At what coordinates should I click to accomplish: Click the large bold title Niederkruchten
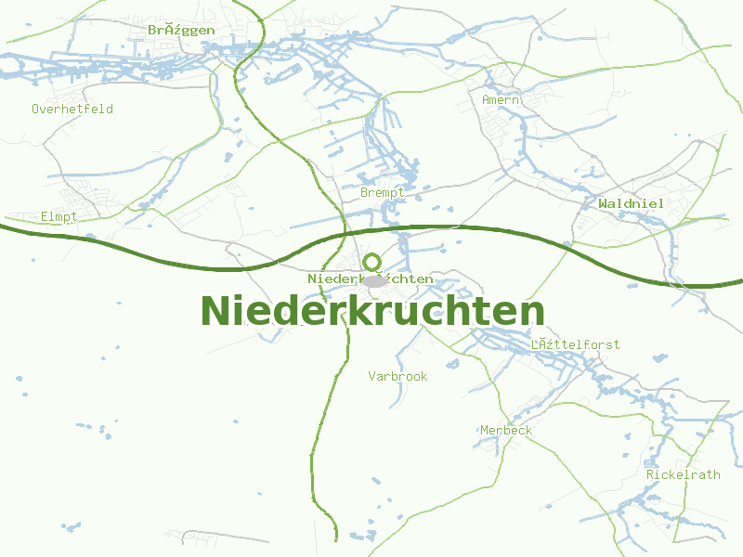pyautogui.click(x=371, y=312)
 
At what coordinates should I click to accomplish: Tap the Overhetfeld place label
pyautogui.click(x=72, y=109)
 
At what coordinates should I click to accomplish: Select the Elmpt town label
pyautogui.click(x=59, y=216)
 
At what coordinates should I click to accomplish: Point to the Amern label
pyautogui.click(x=501, y=99)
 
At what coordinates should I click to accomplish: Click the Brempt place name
pyautogui.click(x=383, y=192)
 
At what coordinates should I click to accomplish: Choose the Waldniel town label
pyautogui.click(x=632, y=203)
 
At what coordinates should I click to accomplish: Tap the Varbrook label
pyautogui.click(x=398, y=376)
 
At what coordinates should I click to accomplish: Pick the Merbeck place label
pyautogui.click(x=506, y=430)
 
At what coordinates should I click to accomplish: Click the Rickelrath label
pyautogui.click(x=683, y=474)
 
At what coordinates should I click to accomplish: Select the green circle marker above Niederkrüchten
pyautogui.click(x=372, y=262)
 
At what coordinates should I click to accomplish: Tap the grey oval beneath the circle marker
pyautogui.click(x=373, y=280)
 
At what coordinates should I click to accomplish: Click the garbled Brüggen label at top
pyautogui.click(x=181, y=30)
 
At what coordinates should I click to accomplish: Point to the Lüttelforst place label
pyautogui.click(x=575, y=344)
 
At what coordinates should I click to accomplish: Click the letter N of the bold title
pyautogui.click(x=215, y=312)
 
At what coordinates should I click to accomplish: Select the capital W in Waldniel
pyautogui.click(x=604, y=203)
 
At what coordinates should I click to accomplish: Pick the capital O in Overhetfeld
pyautogui.click(x=35, y=109)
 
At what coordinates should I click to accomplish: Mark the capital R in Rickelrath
pyautogui.click(x=650, y=474)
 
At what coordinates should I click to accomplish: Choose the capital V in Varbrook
pyautogui.click(x=371, y=376)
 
